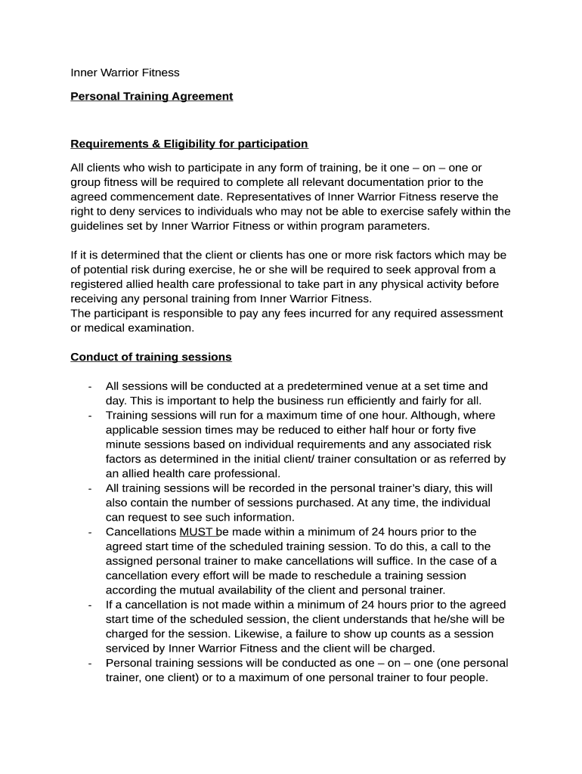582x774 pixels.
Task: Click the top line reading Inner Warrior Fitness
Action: [x=125, y=73]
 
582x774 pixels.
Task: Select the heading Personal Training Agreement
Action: [x=151, y=96]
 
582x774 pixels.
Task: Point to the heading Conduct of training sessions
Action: [x=151, y=357]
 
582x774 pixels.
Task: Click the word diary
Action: [x=427, y=488]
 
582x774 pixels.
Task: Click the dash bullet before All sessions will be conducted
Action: [x=90, y=386]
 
